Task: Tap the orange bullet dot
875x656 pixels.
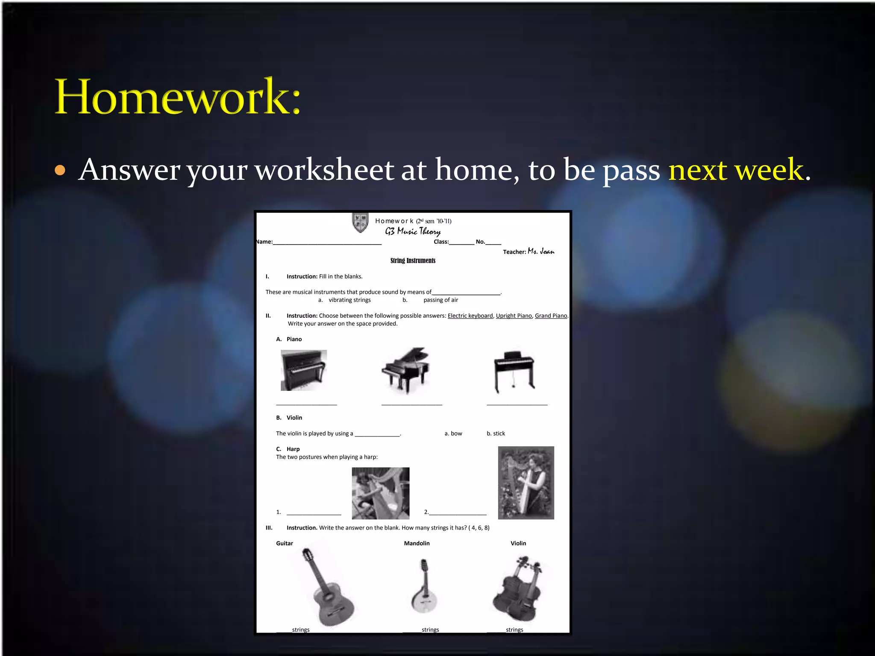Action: coord(60,170)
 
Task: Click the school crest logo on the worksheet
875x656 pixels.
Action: coord(360,223)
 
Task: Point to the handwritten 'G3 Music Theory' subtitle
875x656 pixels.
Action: coord(413,231)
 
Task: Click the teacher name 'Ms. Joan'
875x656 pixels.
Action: coord(541,251)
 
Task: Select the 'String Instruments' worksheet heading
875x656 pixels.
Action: coord(413,261)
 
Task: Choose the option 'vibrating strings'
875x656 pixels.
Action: coord(349,300)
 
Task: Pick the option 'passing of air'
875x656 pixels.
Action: coord(440,300)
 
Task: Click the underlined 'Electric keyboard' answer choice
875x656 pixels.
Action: coord(470,316)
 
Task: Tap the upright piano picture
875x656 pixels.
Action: coord(303,370)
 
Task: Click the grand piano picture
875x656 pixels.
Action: coord(406,370)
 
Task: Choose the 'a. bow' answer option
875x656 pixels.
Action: coord(453,433)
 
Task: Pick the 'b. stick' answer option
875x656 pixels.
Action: coord(496,433)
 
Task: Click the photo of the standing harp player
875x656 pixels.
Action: coord(526,483)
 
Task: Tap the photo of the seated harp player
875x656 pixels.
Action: coord(380,493)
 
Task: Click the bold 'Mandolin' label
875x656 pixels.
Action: coord(417,543)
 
